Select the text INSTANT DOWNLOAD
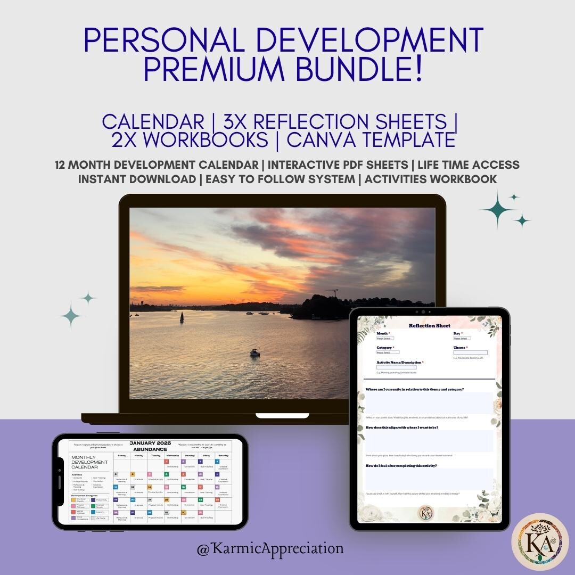[x=137, y=179]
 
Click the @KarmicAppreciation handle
[x=270, y=548]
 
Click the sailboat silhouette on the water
[x=181, y=318]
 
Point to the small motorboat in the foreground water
[x=254, y=353]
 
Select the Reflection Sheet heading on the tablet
[x=429, y=326]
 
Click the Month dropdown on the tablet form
[x=385, y=338]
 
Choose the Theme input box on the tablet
[x=470, y=352]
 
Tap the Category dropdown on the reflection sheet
[x=388, y=352]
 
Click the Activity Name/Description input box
[x=396, y=367]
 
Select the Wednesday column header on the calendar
[x=172, y=456]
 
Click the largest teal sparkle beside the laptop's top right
[x=498, y=209]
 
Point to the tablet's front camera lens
[x=424, y=311]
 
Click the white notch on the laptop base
[x=275, y=415]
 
